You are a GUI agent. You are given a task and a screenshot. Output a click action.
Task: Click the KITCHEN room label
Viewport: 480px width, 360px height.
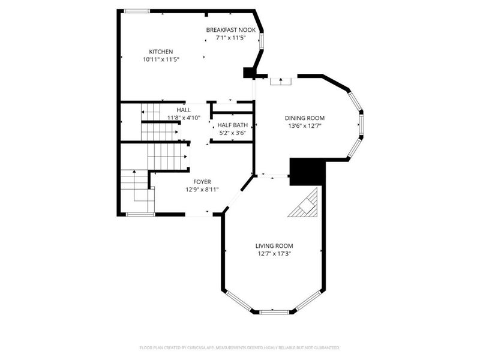point(161,52)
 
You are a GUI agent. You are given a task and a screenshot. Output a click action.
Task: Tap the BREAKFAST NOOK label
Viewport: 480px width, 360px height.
point(231,30)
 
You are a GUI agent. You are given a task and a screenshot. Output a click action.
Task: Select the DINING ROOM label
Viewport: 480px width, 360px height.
point(305,118)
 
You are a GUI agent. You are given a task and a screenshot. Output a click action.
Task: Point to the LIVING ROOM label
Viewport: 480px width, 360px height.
point(274,246)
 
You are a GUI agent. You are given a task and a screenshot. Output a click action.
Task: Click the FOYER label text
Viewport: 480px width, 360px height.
point(202,182)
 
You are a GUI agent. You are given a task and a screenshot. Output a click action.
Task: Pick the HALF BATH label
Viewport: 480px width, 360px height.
point(233,125)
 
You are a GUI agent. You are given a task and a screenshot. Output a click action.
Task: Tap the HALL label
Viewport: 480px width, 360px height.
point(184,110)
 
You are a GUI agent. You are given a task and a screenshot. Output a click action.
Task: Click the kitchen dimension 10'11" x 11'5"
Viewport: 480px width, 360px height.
point(161,59)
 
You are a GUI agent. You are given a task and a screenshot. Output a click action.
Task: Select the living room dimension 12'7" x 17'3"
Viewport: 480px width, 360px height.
point(274,254)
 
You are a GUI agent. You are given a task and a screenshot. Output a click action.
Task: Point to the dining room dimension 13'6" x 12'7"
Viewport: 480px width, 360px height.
point(305,126)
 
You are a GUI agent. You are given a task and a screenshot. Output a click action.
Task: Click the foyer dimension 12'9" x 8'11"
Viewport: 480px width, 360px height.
point(202,190)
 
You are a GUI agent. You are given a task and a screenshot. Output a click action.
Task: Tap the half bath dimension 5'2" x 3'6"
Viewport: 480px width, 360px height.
point(233,133)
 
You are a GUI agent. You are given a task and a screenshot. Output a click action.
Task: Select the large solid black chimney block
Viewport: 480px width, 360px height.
point(307,172)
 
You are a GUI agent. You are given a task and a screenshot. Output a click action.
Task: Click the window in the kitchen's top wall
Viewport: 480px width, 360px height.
point(137,11)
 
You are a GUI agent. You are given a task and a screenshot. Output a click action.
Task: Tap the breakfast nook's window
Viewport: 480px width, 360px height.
point(262,41)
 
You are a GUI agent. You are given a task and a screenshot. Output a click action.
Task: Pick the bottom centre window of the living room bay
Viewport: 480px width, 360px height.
point(274,312)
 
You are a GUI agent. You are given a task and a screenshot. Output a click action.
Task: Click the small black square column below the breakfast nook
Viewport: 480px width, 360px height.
point(247,73)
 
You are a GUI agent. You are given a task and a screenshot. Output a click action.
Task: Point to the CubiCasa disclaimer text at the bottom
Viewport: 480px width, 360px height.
point(239,348)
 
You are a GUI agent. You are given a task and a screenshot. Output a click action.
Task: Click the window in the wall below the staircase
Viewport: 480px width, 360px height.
point(140,215)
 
